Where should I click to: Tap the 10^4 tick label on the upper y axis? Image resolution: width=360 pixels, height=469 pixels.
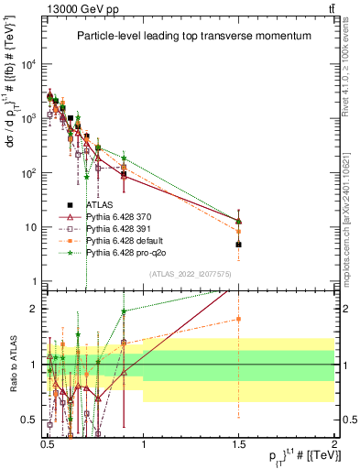(x=28, y=64)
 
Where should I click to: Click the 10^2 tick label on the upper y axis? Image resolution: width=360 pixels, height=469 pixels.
(x=28, y=173)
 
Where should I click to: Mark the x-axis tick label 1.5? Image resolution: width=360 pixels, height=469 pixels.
(x=238, y=440)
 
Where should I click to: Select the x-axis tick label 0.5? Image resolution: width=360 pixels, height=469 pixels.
(x=47, y=440)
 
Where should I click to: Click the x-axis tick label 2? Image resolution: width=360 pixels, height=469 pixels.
(x=333, y=440)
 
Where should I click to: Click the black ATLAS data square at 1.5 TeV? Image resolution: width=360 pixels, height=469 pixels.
(x=238, y=245)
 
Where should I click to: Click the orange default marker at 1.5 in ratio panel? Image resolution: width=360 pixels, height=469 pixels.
(x=238, y=319)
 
